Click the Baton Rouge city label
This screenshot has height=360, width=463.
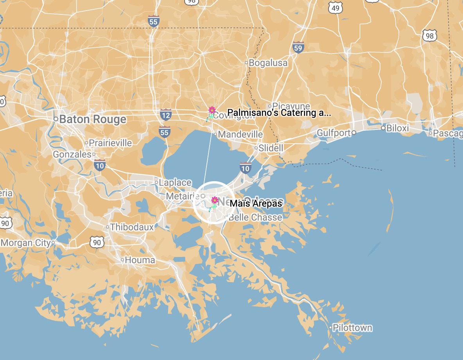click(93, 119)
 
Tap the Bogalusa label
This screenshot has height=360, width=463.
click(268, 63)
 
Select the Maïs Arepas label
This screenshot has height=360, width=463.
click(256, 203)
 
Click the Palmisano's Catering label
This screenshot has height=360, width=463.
click(279, 113)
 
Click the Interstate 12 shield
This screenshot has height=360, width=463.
click(165, 114)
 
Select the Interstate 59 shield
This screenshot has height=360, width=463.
click(298, 47)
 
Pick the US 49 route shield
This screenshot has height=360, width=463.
click(336, 7)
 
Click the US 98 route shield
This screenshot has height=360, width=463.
click(429, 36)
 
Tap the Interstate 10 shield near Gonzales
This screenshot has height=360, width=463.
click(100, 165)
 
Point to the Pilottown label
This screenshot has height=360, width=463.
click(352, 328)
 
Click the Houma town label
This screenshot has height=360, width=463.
click(140, 260)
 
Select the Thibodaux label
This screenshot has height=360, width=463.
click(132, 227)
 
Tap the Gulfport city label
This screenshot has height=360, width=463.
click(334, 133)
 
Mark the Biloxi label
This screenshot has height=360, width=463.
click(397, 128)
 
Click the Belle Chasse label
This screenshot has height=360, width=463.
click(255, 217)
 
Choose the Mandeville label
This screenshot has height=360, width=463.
click(240, 135)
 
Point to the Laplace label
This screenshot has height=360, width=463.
click(175, 182)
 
